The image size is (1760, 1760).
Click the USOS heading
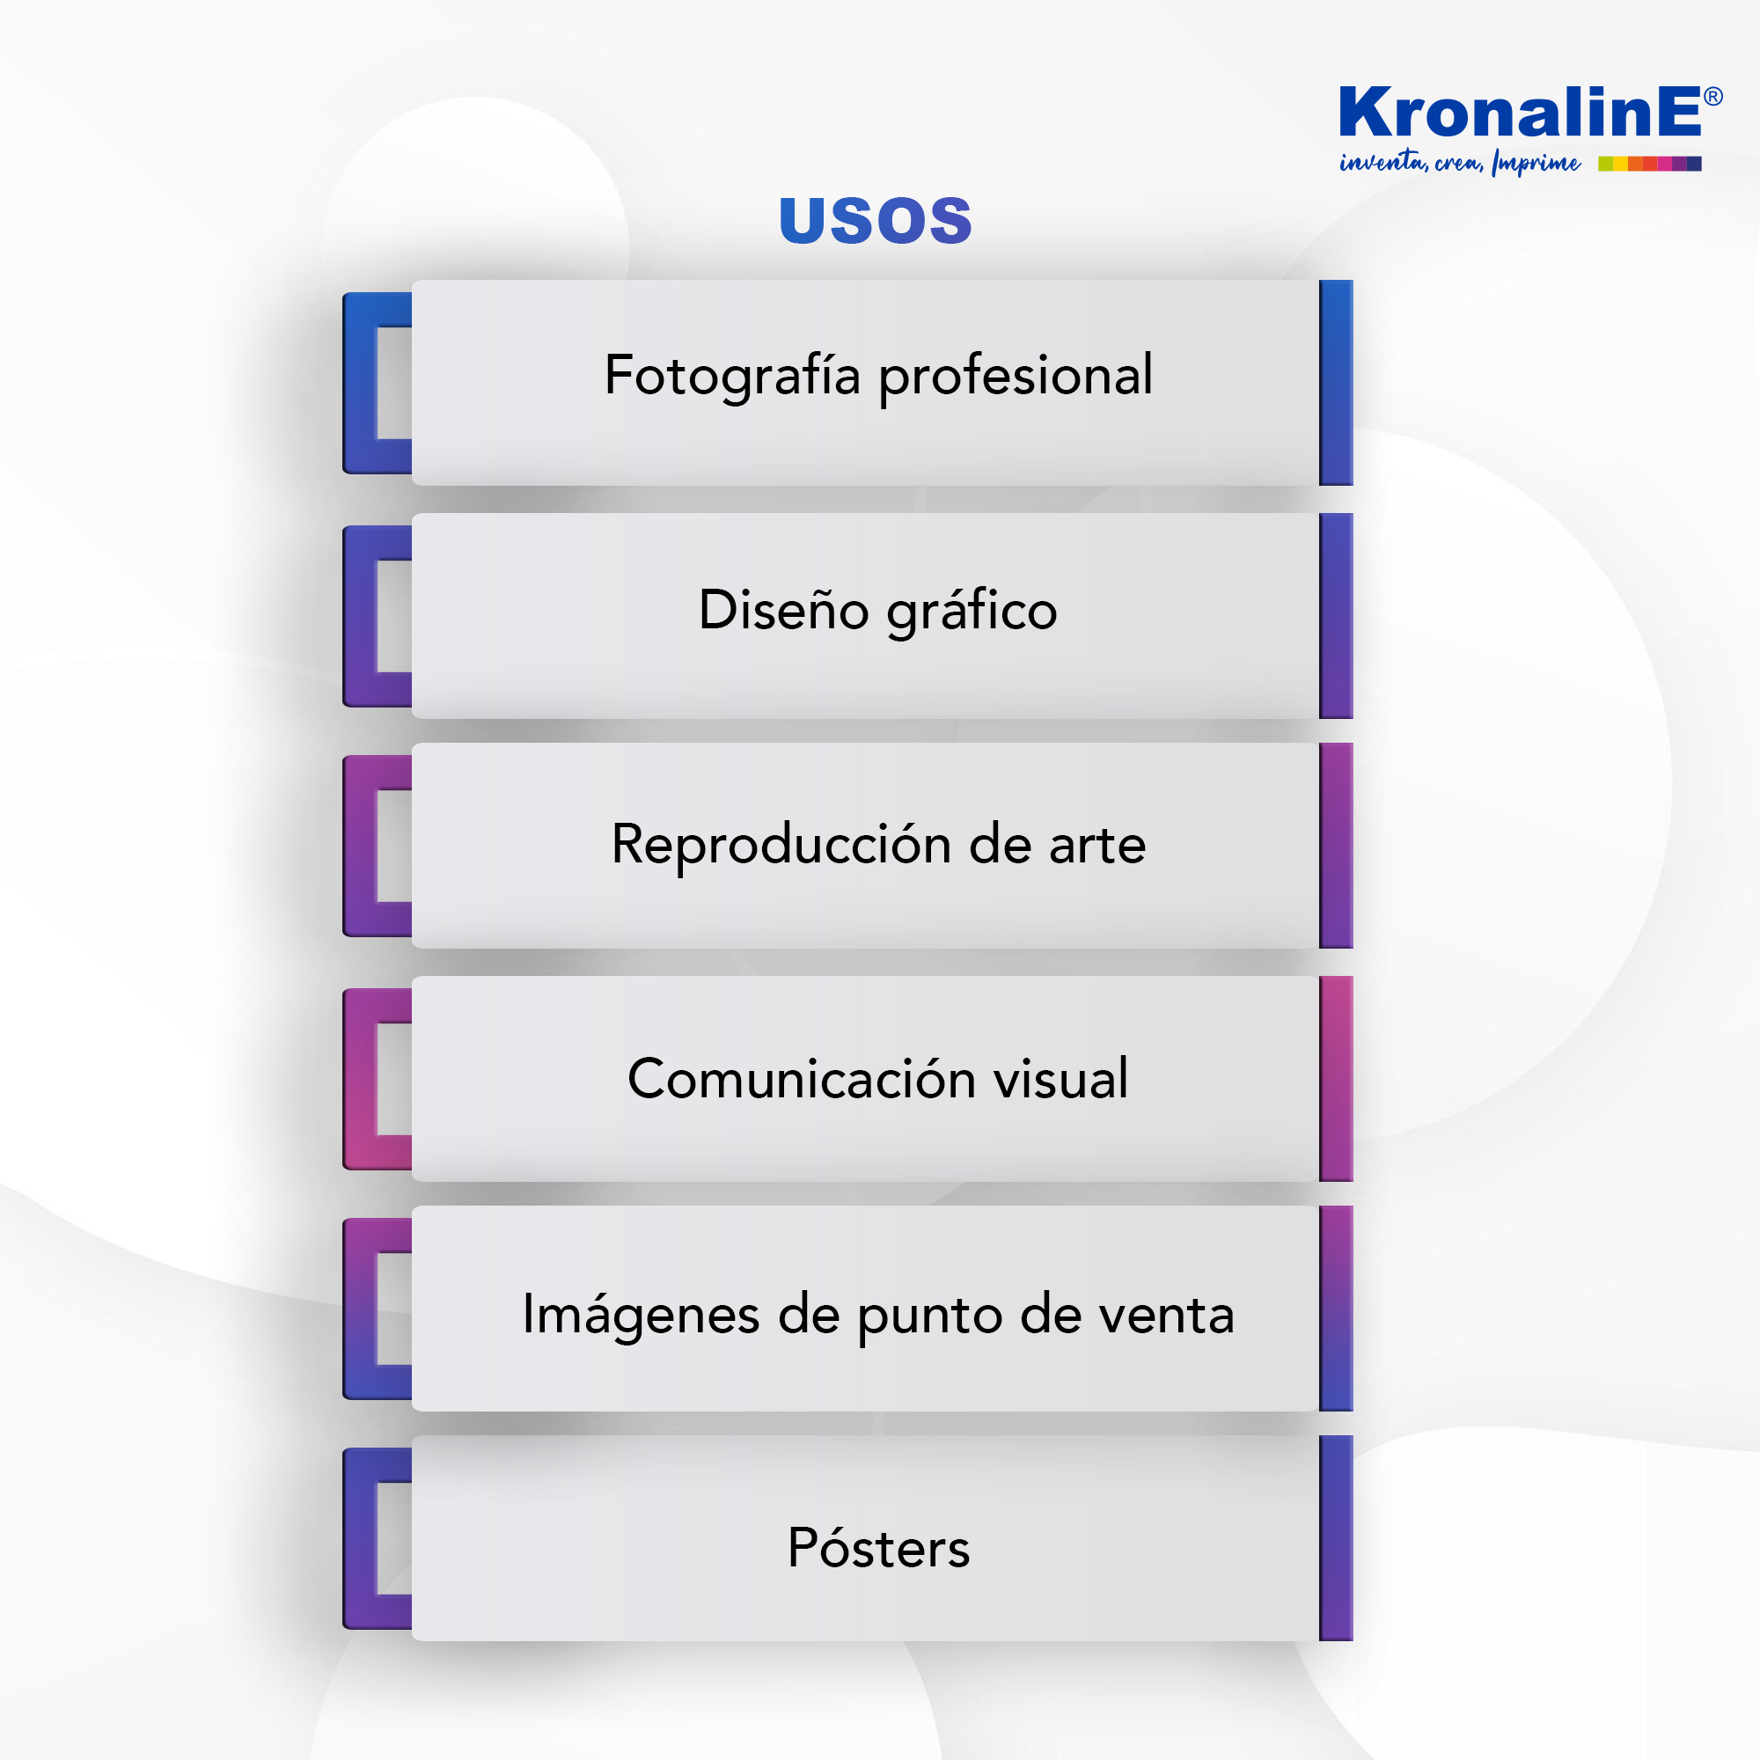[876, 221]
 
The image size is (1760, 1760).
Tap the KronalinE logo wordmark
[1520, 112]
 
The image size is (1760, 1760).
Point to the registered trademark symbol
[1712, 97]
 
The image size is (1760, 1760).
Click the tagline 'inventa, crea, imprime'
[1459, 163]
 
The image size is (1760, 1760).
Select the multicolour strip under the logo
[1650, 164]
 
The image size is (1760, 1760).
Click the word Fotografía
[732, 376]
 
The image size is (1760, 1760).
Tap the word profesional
[1016, 376]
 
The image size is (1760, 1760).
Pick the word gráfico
[972, 611]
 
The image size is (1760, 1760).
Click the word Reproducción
[781, 845]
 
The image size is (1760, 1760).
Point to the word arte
[1096, 846]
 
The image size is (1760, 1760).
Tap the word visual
[1060, 1079]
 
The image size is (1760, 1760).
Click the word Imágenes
[642, 1315]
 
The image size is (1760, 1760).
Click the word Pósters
[879, 1548]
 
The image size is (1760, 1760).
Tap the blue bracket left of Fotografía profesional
[361, 383]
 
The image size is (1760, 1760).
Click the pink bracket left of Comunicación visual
[361, 1080]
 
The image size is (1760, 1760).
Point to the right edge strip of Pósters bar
[1336, 1537]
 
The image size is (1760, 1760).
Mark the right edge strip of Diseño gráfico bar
[1336, 616]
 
